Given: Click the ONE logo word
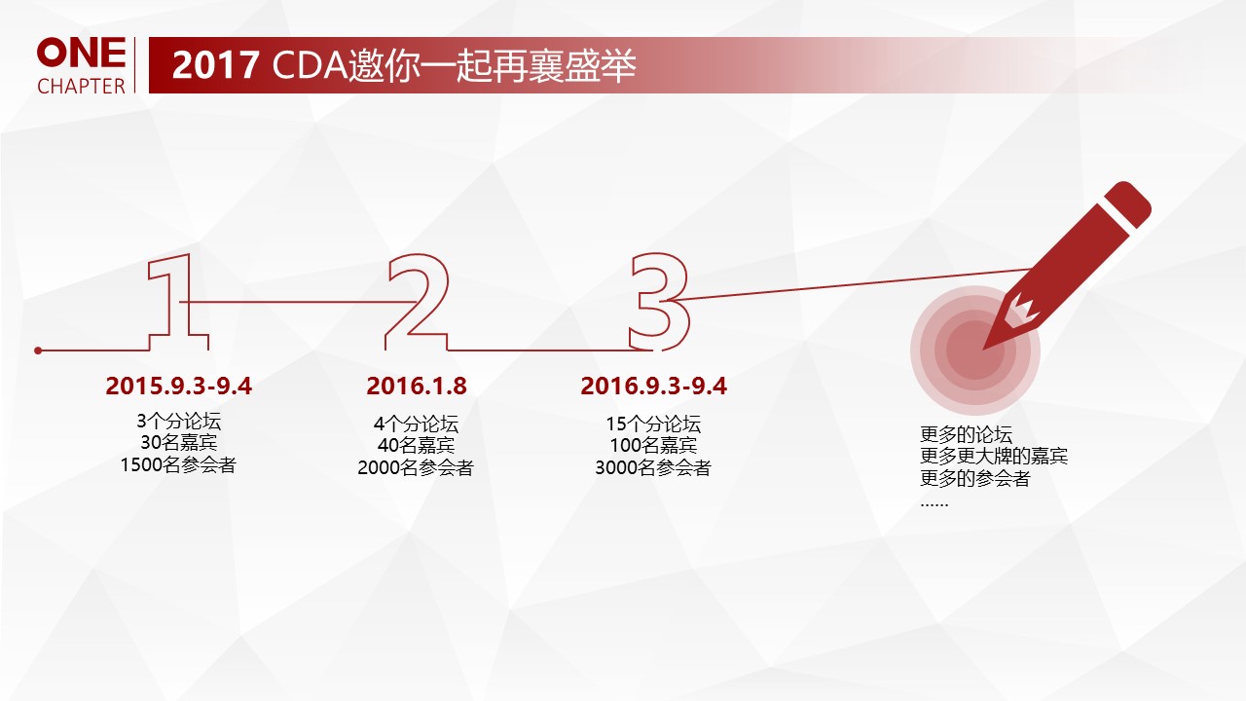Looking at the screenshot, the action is click(x=81, y=53).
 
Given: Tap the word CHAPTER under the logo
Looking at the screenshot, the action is click(x=81, y=87).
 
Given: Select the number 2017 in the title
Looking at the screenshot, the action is click(x=215, y=65).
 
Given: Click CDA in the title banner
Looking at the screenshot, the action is click(x=309, y=65).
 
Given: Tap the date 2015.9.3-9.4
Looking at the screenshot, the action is click(x=178, y=386).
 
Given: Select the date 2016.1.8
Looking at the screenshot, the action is click(x=416, y=386).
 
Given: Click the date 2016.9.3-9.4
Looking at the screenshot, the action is click(x=653, y=386).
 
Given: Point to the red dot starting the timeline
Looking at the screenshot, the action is click(x=38, y=350).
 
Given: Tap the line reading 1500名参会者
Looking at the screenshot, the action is click(x=178, y=464).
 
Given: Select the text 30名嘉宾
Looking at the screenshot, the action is click(x=178, y=442).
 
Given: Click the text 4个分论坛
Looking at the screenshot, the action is click(x=416, y=424).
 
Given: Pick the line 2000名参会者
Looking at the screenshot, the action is click(x=416, y=468).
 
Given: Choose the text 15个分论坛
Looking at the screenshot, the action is click(x=653, y=424).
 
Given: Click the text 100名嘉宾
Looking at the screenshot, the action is click(x=653, y=446).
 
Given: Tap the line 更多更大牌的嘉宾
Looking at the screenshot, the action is click(x=994, y=457).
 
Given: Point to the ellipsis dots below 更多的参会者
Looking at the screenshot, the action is click(x=934, y=504).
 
